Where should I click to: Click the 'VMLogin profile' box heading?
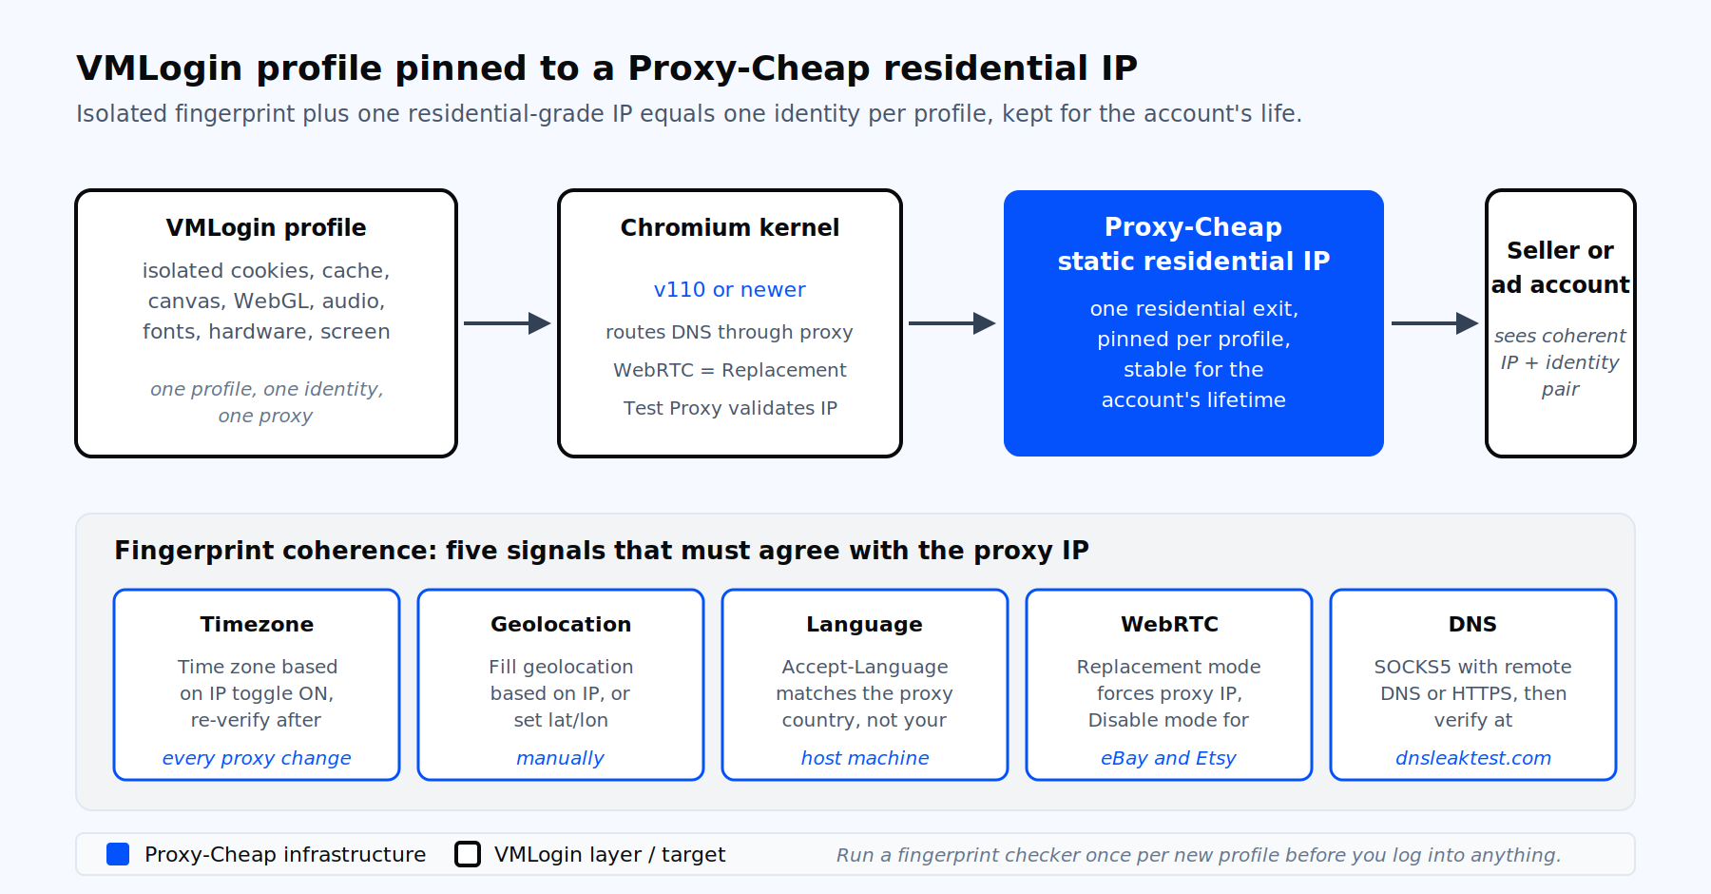(266, 228)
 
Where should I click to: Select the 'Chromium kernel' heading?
(730, 228)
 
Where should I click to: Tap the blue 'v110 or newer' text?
(730, 290)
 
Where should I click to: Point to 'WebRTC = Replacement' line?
(730, 370)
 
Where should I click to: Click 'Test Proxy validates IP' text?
(730, 408)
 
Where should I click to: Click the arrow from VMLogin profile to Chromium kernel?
(508, 323)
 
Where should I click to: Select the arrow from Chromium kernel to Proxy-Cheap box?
(952, 323)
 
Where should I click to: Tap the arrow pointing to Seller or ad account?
(1435, 323)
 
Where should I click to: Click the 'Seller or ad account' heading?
(1561, 267)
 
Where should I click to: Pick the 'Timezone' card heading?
(257, 625)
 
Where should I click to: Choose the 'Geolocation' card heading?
(561, 625)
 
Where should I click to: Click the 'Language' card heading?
(865, 625)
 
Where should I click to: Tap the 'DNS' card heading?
(1473, 625)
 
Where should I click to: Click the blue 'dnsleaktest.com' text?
(1473, 758)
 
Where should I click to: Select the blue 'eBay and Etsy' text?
(1169, 758)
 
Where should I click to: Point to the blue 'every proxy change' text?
(257, 758)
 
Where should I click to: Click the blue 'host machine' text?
(865, 758)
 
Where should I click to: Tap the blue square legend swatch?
(118, 854)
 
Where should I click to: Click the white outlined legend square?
(468, 854)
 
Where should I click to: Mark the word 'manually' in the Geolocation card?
(561, 758)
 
